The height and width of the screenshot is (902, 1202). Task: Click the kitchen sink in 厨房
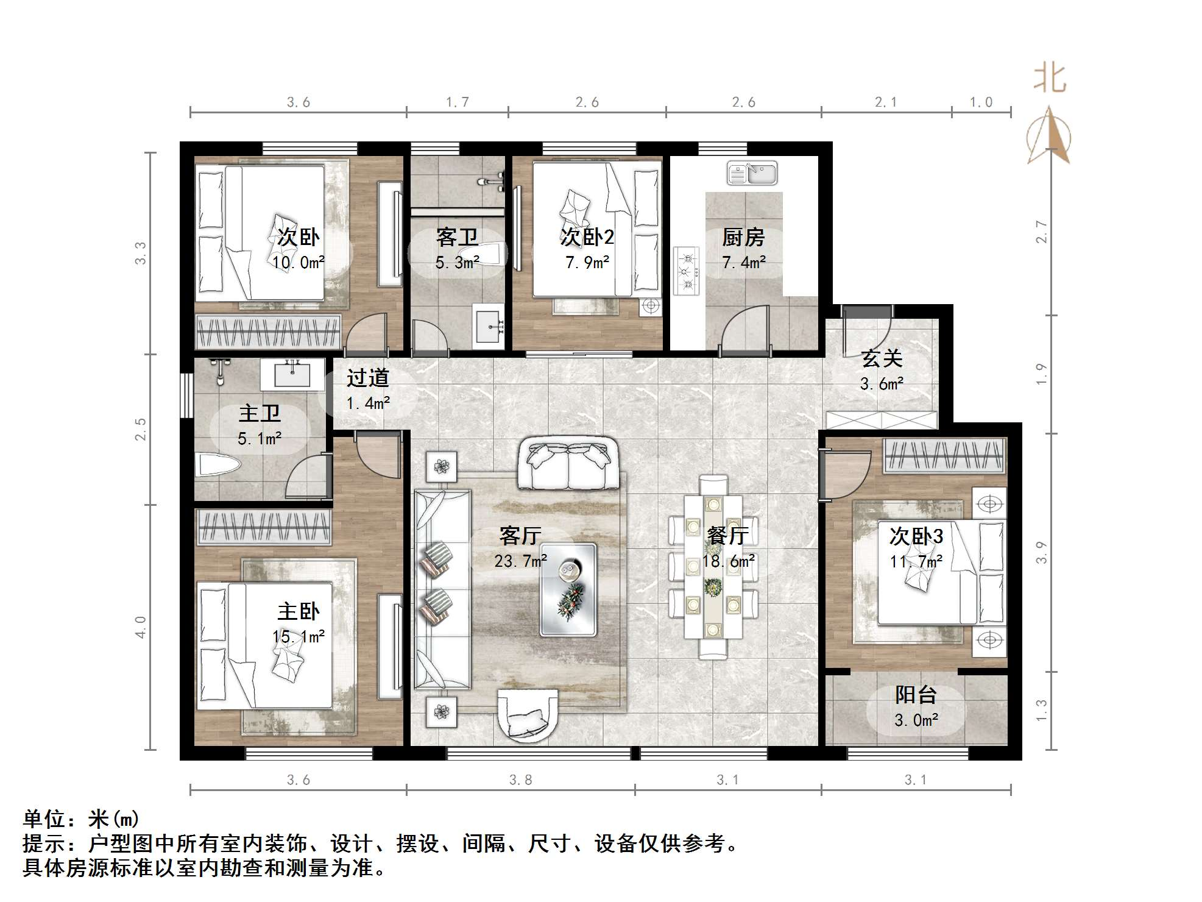[752, 173]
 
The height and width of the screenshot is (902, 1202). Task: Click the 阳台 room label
[915, 694]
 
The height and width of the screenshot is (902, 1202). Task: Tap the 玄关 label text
[882, 358]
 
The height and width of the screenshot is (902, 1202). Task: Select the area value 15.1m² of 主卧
[298, 637]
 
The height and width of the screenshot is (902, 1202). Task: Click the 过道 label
[367, 378]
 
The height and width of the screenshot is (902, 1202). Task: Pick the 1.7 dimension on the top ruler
[457, 102]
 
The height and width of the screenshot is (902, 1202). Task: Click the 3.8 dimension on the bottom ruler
[520, 780]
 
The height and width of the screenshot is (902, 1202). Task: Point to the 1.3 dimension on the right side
[1041, 711]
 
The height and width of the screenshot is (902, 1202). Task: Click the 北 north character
[1050, 79]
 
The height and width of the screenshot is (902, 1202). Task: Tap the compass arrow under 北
[1049, 137]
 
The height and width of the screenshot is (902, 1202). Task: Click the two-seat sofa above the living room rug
[568, 464]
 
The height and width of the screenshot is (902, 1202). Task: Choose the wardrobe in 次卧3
[944, 456]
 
